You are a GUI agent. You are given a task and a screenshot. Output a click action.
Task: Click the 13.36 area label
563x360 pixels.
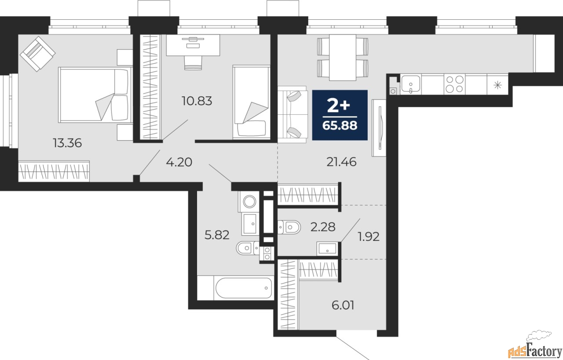67,143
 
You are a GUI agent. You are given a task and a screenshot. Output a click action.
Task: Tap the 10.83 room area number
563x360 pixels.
197,101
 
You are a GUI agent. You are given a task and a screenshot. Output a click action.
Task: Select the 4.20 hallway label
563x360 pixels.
179,162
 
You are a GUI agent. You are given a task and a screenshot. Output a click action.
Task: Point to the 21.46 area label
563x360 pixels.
341,162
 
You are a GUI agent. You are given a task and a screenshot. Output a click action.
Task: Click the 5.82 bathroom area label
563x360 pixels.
217,235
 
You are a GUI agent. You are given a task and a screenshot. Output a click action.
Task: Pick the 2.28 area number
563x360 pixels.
323,227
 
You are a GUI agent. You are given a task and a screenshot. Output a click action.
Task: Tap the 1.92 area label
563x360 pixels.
369,236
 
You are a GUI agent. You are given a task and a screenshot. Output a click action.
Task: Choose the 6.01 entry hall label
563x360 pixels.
343,305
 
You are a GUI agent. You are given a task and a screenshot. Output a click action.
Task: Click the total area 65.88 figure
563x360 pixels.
340,126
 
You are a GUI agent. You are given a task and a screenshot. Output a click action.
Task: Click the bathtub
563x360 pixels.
244,287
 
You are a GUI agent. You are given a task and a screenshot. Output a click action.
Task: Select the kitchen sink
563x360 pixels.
411,84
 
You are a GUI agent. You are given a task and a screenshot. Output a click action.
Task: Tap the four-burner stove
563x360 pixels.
454,84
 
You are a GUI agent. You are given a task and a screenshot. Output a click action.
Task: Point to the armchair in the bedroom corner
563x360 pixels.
38,54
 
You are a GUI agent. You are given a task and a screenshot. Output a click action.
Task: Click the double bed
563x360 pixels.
95,95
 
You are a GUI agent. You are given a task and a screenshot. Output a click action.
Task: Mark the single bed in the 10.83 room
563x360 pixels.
251,102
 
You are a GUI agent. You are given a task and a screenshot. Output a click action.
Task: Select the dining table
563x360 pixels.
343,58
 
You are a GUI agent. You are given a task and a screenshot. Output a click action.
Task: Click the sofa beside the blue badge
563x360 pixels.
292,115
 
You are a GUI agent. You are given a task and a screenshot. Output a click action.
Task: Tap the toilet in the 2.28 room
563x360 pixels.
289,227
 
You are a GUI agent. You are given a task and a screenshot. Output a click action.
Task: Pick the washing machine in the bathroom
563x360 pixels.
249,201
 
